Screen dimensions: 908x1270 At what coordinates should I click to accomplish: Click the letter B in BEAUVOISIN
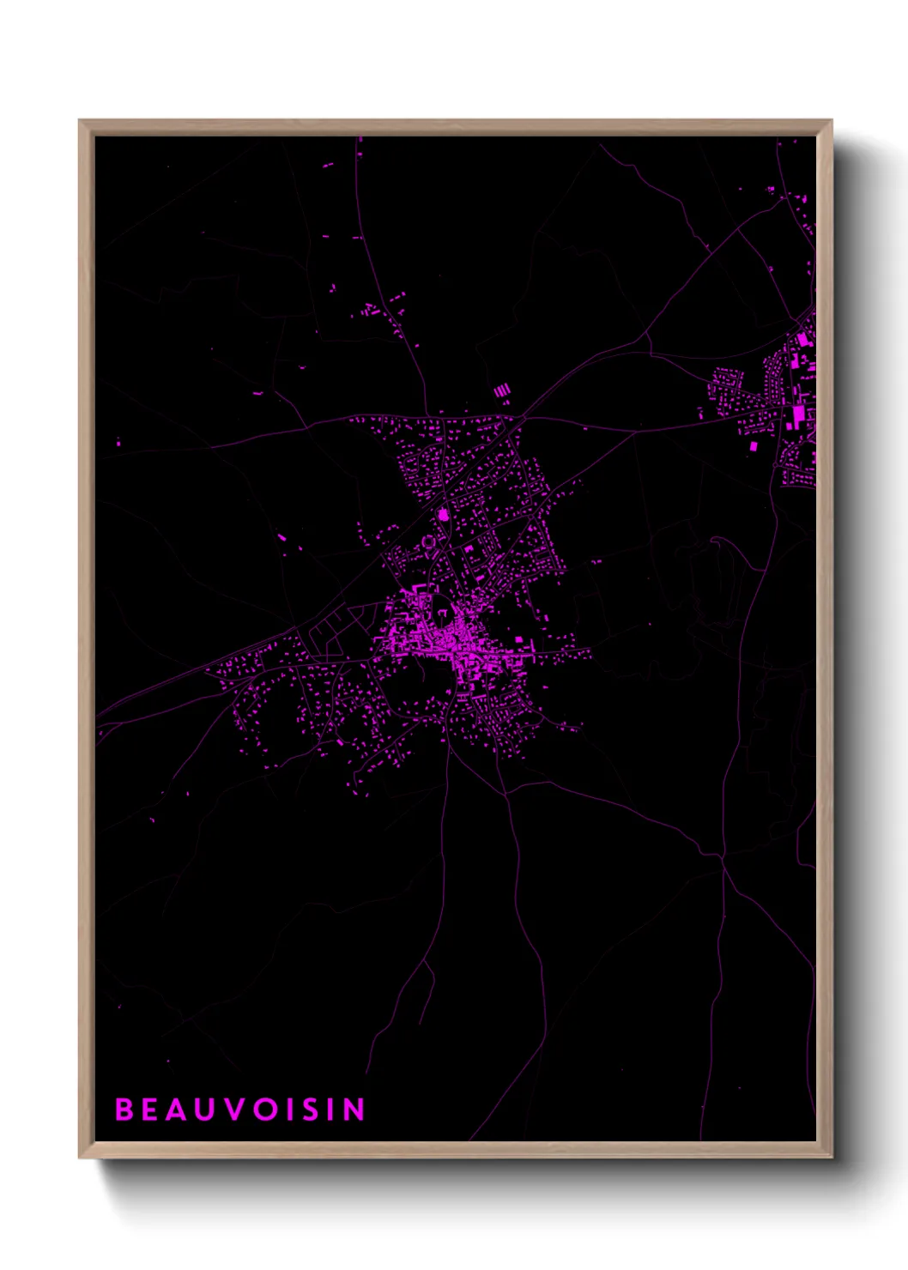click(124, 1110)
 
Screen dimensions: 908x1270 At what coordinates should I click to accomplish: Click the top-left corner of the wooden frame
click(80, 121)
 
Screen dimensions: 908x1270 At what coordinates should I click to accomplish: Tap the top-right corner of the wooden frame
click(831, 121)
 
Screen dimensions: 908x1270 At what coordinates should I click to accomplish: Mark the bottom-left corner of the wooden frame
click(80, 1158)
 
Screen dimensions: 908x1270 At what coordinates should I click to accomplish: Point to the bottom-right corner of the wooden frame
click(831, 1158)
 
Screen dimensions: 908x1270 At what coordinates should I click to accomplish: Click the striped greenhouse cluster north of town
click(502, 391)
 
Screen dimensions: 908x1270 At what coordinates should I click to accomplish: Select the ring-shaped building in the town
click(428, 542)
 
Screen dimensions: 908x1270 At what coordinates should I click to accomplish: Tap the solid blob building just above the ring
click(443, 515)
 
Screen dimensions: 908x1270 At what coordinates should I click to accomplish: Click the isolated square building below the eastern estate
click(754, 446)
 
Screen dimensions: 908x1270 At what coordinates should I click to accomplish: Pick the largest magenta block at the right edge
click(799, 415)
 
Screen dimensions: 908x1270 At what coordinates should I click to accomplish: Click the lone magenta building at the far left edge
click(118, 443)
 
